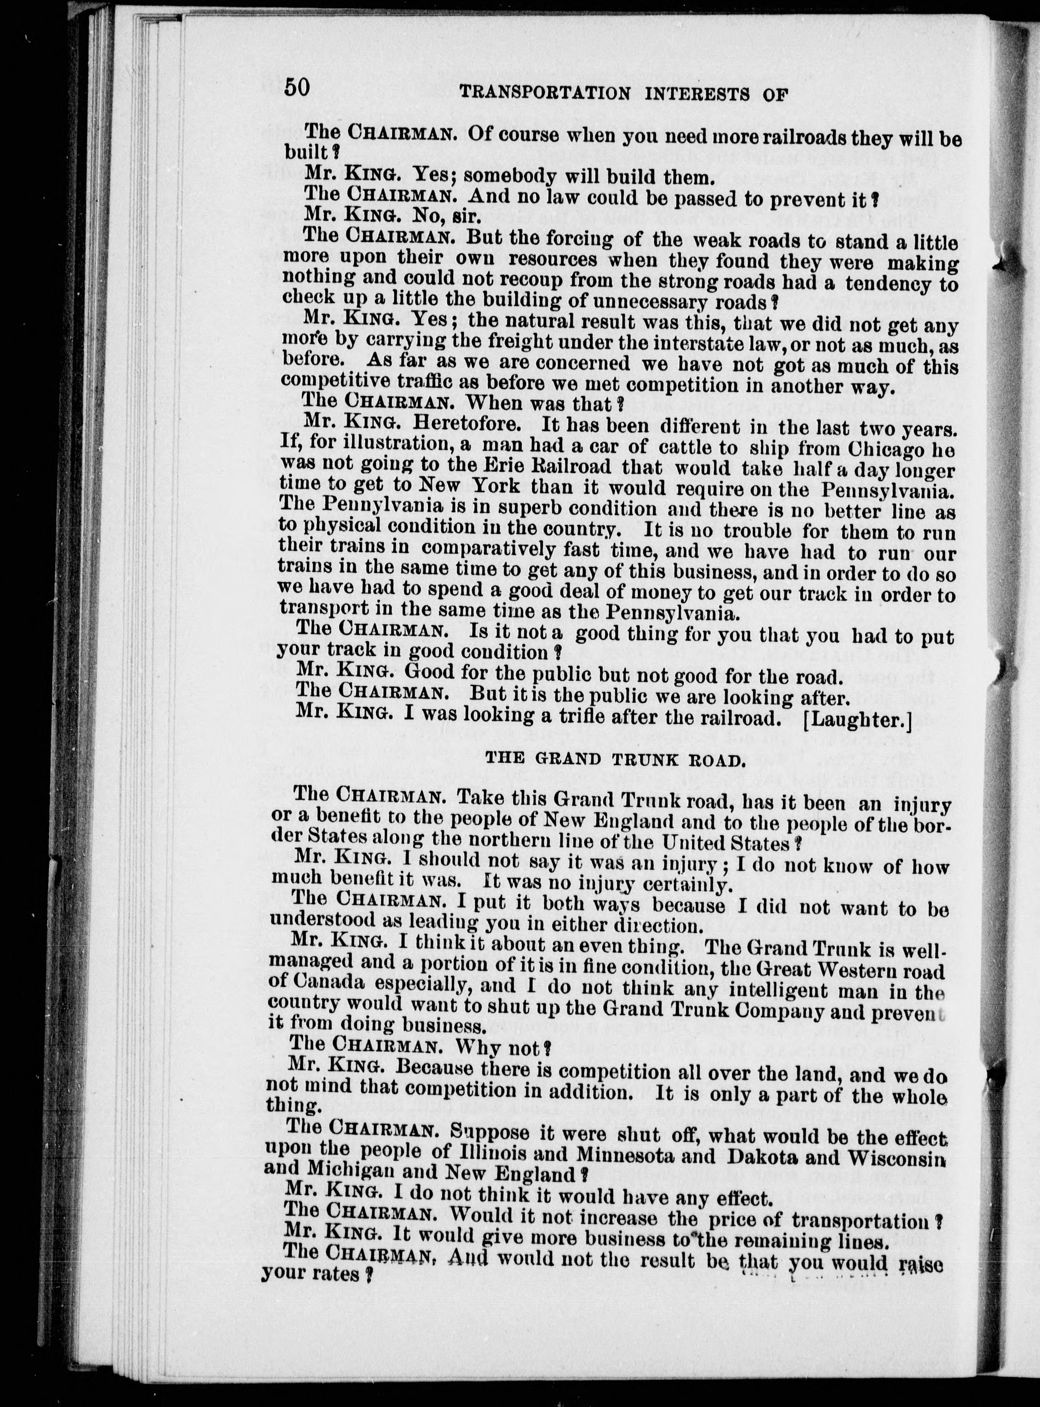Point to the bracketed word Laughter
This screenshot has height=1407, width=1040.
tap(858, 720)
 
